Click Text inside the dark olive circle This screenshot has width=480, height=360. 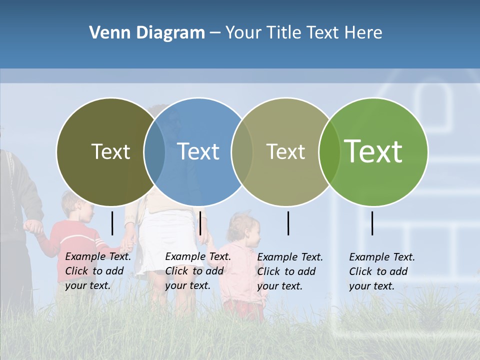110,151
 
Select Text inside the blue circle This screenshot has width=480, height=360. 198,151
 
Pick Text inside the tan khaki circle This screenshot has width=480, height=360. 285,151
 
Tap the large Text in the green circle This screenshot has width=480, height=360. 373,151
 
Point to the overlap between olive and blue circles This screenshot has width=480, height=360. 154,152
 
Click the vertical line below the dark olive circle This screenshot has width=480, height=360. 112,223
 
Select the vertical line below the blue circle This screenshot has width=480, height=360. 200,223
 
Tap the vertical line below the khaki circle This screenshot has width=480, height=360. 288,223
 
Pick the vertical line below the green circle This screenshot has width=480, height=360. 372,223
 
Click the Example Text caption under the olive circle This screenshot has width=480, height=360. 98,271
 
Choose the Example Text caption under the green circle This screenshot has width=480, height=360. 382,271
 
